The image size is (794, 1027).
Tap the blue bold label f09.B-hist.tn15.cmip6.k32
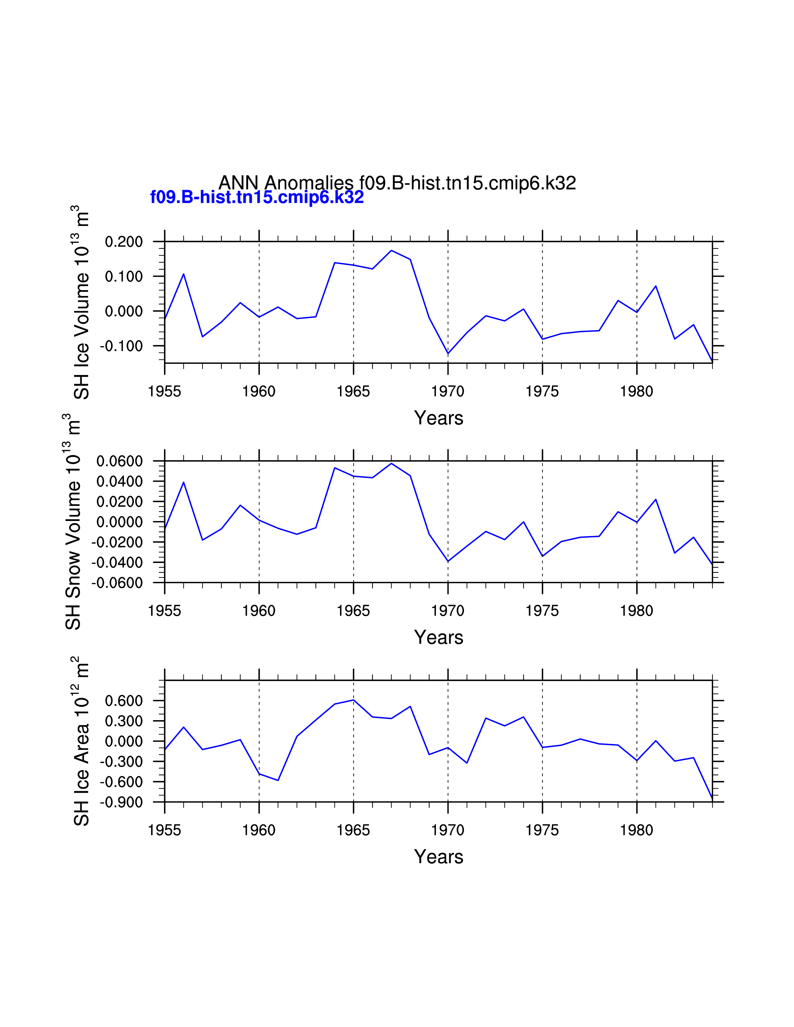pos(257,197)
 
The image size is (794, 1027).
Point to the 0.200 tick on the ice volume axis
pos(124,242)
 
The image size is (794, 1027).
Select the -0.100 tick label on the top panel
pos(121,346)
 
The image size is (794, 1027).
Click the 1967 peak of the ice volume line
pos(391,251)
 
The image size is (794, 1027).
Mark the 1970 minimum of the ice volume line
pos(448,354)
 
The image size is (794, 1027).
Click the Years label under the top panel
pos(438,418)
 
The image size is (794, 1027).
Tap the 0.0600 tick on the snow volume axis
pos(120,461)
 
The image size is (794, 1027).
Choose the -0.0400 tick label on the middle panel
pos(117,562)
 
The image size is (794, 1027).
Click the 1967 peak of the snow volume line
pos(391,464)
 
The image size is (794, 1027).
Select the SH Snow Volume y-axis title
pos(73,522)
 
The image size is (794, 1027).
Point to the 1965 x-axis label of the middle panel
pos(353,611)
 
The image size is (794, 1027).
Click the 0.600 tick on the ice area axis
pos(124,701)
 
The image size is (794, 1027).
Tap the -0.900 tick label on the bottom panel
pos(121,802)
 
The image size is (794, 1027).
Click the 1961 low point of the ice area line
pos(278,781)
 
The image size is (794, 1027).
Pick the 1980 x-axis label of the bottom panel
pos(636,830)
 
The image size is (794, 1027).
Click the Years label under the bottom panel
pos(438,857)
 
